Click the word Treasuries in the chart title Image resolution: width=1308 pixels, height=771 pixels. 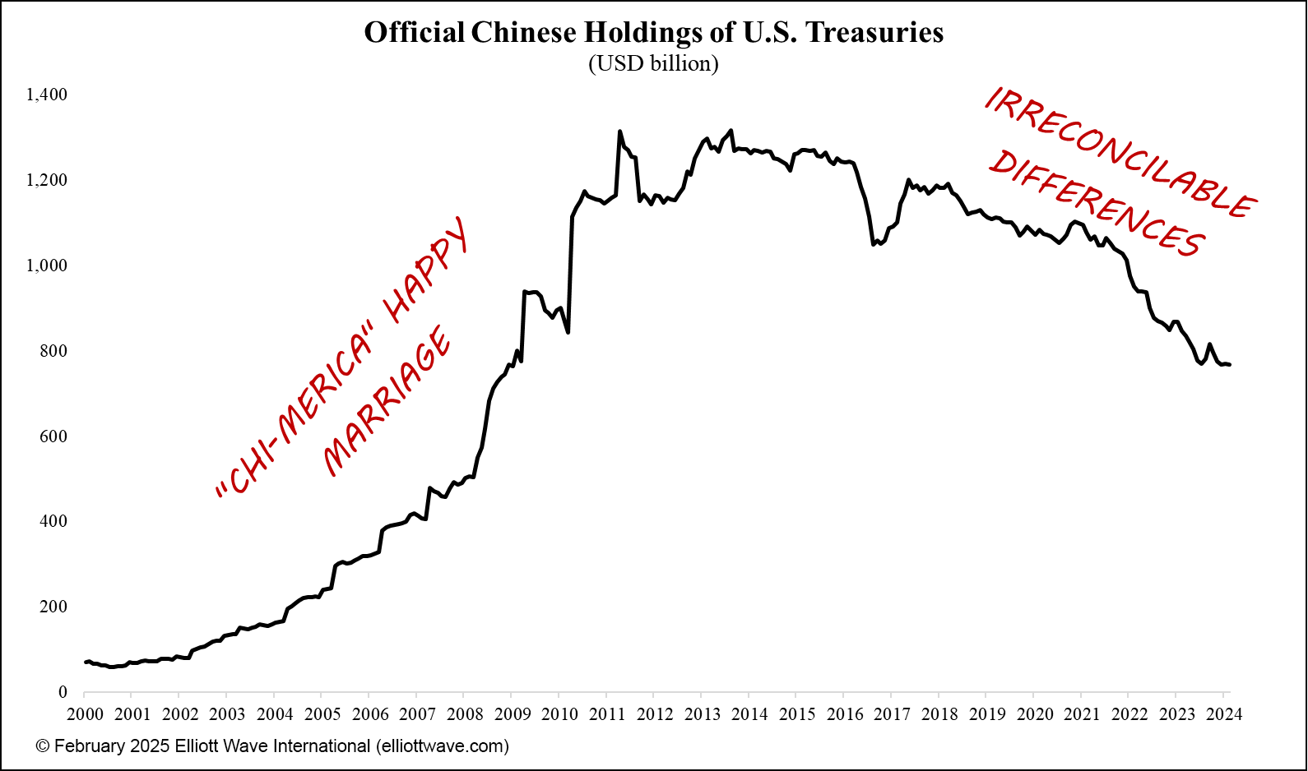click(874, 32)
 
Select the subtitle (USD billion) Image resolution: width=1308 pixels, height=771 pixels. click(653, 63)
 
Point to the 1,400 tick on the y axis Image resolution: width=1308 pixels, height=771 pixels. click(47, 95)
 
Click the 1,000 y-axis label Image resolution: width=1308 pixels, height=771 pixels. click(47, 265)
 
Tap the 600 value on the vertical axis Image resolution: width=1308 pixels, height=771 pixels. click(53, 436)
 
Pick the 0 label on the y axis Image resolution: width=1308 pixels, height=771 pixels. click(63, 692)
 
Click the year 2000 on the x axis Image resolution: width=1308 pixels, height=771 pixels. click(85, 713)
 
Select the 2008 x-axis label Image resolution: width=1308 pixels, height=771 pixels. click(465, 713)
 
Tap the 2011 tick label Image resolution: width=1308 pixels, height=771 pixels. click(607, 713)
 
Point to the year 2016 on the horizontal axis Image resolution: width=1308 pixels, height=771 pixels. click(845, 713)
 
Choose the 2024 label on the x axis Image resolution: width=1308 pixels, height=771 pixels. click(1224, 713)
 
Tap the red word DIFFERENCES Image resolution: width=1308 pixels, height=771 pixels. click(1097, 203)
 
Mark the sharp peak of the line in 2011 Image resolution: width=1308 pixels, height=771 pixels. click(619, 132)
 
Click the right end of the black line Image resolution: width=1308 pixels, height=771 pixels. click(1229, 364)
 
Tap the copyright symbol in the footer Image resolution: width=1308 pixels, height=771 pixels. click(43, 746)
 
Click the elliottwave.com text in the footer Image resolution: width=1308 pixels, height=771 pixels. click(442, 746)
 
